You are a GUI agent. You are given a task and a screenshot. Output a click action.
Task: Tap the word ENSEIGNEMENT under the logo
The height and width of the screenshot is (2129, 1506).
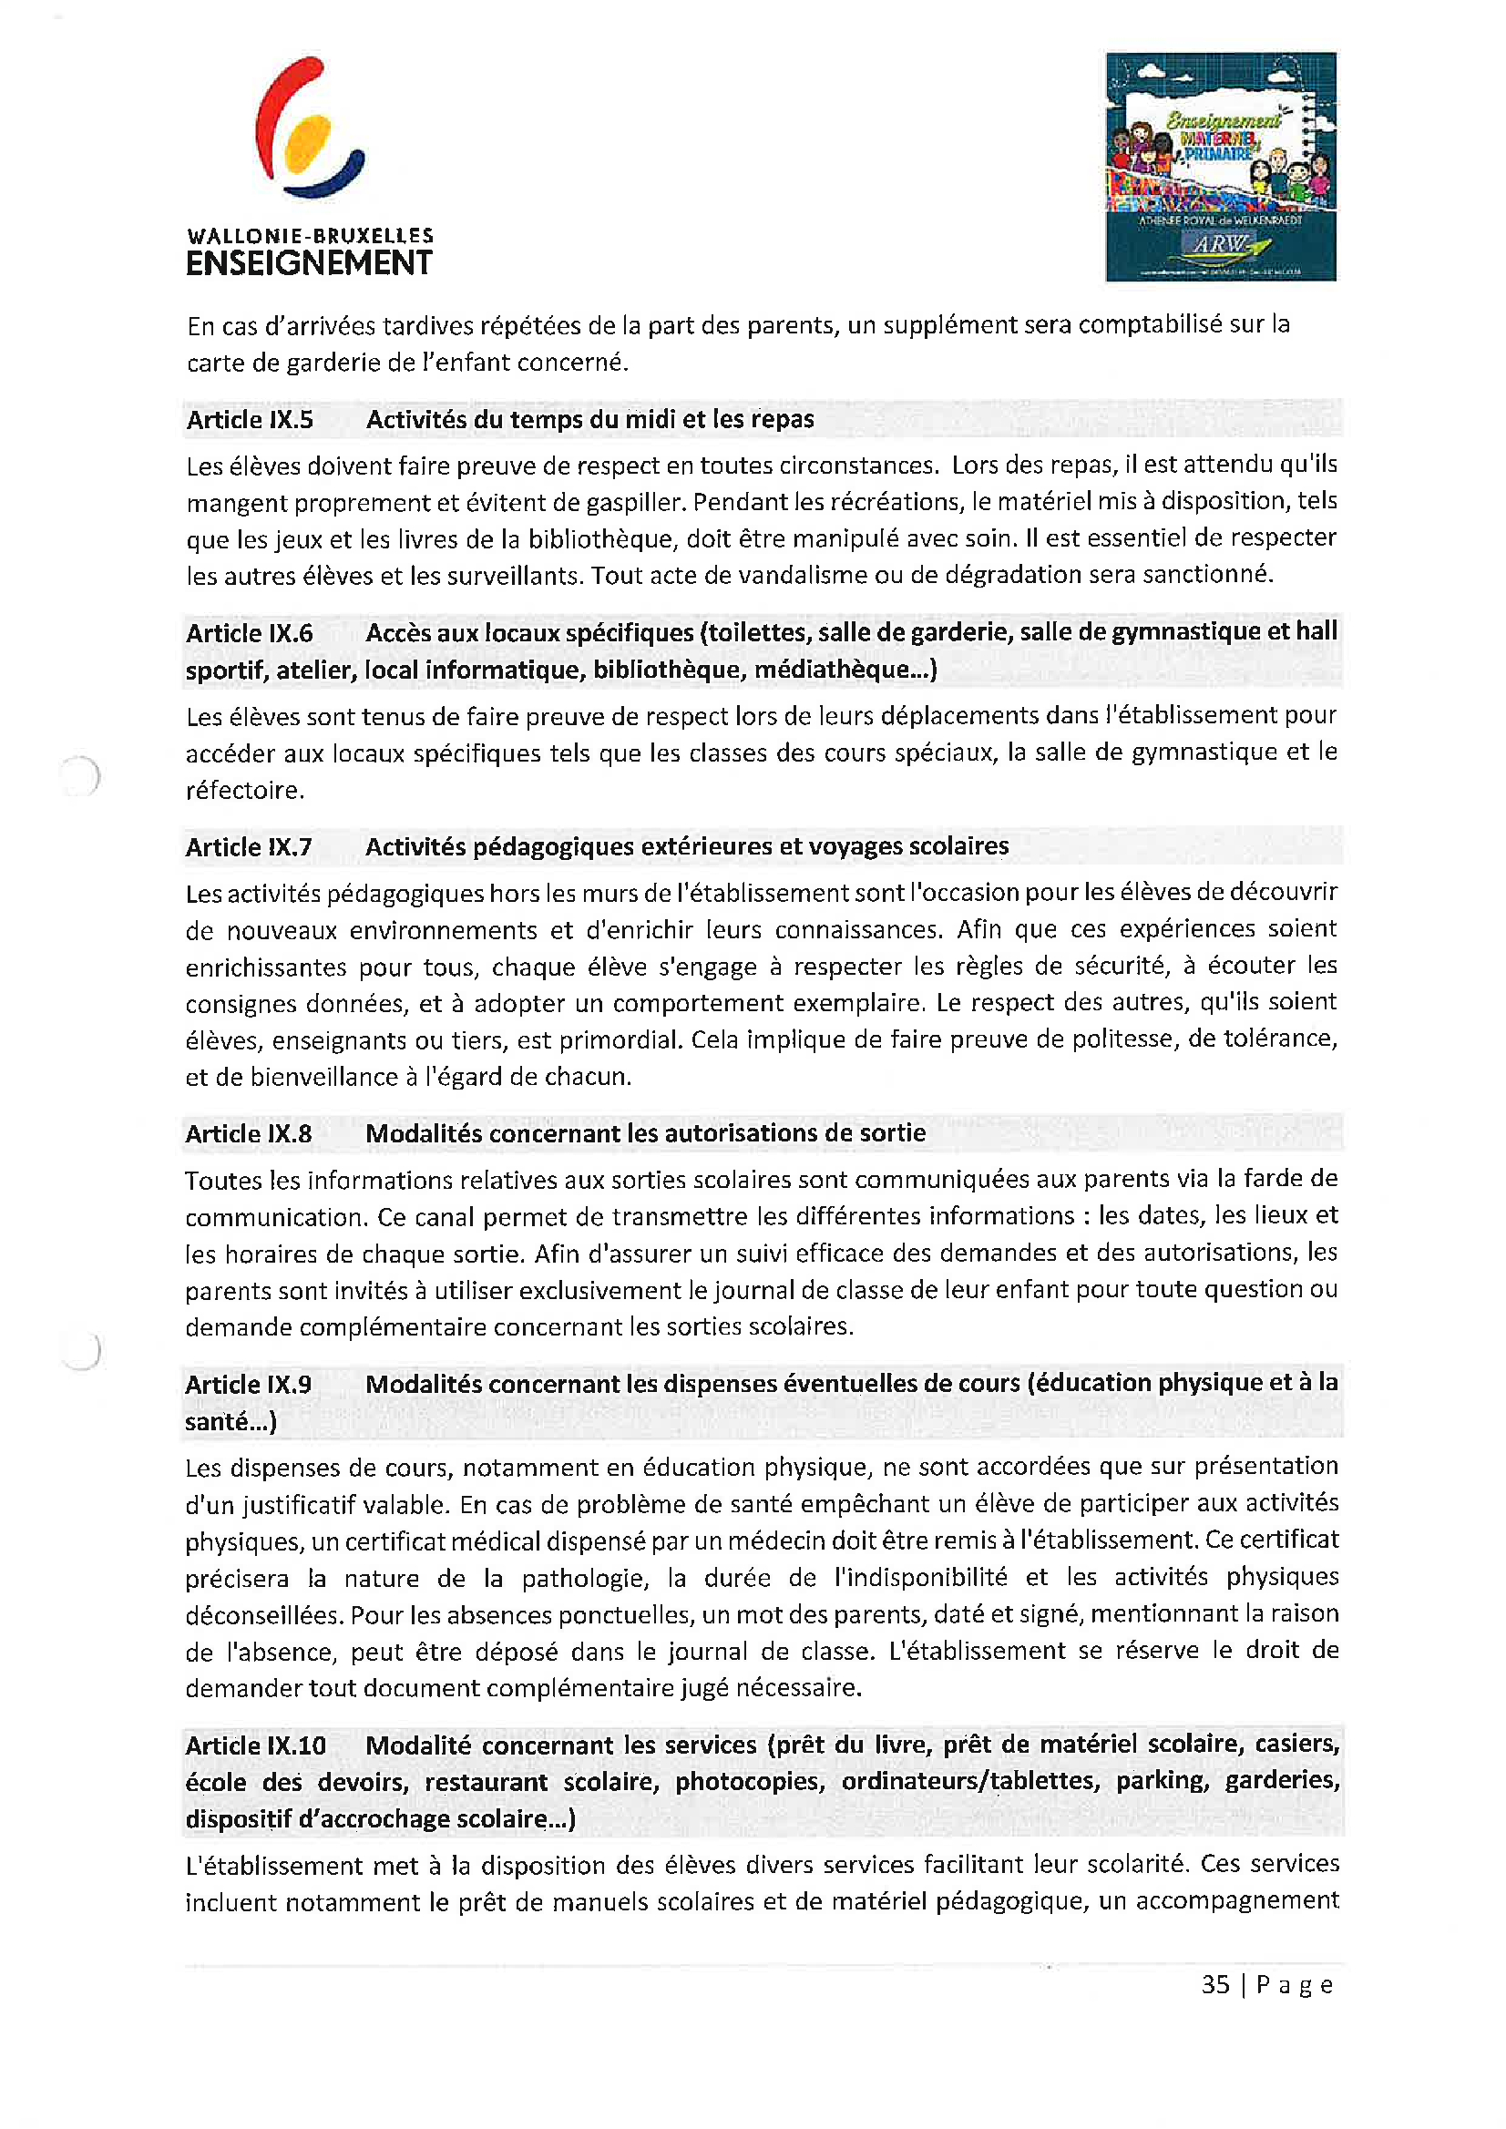309,263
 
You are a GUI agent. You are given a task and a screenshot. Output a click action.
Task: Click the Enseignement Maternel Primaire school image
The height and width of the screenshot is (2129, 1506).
1221,167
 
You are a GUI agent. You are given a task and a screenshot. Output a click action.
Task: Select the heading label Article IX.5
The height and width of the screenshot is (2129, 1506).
250,420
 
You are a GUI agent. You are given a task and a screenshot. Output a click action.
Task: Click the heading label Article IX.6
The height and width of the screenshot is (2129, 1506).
250,633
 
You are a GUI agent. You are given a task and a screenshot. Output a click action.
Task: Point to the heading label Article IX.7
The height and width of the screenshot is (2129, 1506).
249,847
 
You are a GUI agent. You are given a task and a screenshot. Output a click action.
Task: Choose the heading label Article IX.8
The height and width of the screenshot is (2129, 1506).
249,1134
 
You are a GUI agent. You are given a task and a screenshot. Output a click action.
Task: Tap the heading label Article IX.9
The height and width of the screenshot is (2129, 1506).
249,1385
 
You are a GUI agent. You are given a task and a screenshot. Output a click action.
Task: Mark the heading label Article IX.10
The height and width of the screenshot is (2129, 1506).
256,1745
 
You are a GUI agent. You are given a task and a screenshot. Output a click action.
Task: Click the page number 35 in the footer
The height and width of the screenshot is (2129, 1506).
1214,1984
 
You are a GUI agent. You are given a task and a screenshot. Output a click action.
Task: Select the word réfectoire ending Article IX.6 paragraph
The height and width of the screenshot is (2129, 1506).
244,791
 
